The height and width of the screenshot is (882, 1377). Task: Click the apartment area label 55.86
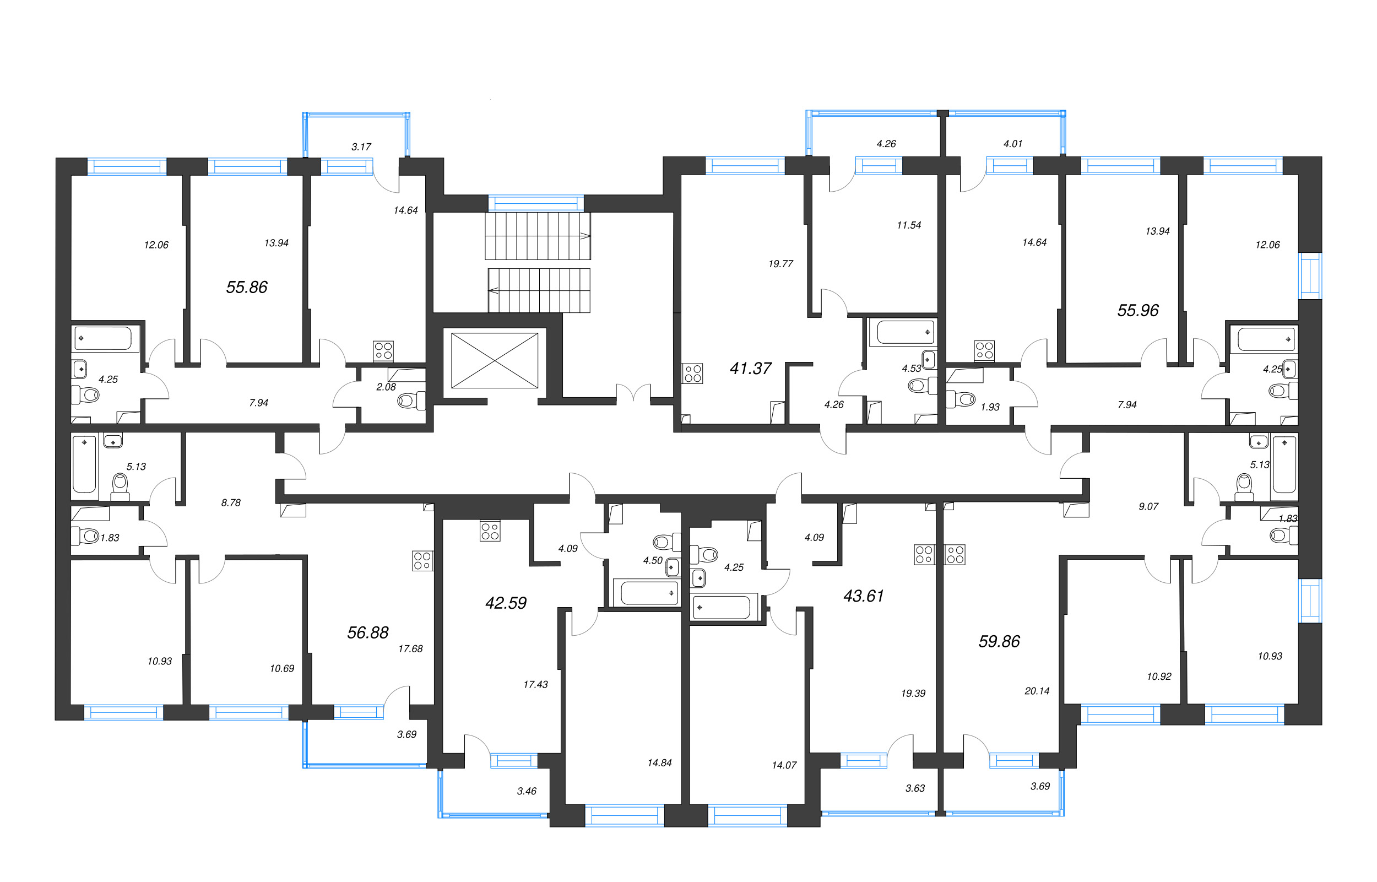[247, 287]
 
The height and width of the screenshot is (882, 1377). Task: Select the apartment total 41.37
[750, 368]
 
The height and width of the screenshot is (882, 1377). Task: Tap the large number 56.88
[367, 632]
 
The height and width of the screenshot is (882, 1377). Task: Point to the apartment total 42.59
[506, 603]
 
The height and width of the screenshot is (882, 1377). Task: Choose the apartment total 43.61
[864, 596]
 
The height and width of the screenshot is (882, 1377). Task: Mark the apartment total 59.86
[999, 641]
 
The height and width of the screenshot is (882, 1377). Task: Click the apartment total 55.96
[1137, 310]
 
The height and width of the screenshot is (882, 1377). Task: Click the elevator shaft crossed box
[494, 360]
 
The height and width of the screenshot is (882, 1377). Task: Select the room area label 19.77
[780, 264]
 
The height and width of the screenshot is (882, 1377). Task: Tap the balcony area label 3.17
[361, 147]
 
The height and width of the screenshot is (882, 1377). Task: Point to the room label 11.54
[909, 226]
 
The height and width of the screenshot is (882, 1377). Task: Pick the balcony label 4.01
[1012, 144]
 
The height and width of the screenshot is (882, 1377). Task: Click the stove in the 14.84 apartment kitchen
[490, 531]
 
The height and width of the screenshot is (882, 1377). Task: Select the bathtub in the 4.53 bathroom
[904, 332]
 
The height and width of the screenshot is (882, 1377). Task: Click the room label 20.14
[1037, 691]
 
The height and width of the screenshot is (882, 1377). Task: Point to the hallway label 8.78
[231, 503]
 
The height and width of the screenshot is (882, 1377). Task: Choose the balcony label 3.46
[526, 791]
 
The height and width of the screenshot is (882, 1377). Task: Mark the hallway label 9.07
[1148, 506]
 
